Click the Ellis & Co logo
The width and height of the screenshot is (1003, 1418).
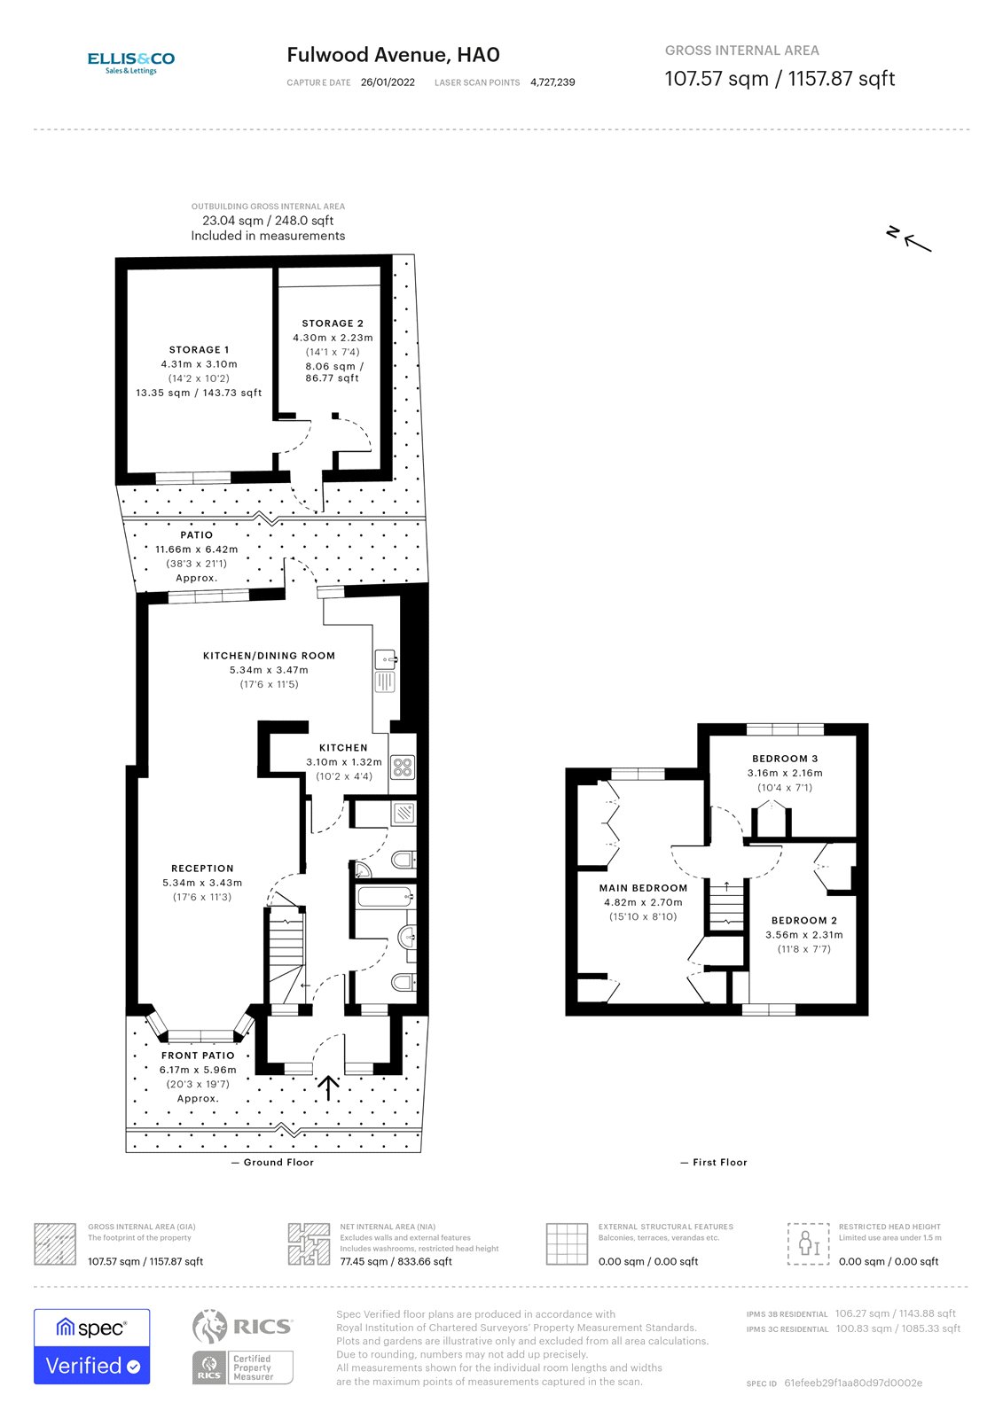click(130, 62)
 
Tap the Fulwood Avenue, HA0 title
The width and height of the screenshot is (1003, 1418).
click(393, 55)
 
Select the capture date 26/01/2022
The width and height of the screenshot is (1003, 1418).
click(388, 82)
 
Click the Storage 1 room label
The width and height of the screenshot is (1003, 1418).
click(199, 350)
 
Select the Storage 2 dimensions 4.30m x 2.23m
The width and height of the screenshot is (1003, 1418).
click(333, 338)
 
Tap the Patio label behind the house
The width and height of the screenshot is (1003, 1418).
click(196, 535)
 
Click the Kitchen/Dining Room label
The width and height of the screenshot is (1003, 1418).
click(269, 656)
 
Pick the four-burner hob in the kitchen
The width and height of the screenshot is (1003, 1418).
click(403, 767)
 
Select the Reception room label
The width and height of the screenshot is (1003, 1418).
click(202, 869)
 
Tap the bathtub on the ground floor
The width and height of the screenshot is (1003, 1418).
click(384, 897)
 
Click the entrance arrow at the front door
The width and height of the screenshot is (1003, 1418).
click(329, 1087)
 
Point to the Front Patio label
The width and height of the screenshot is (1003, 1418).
click(198, 1056)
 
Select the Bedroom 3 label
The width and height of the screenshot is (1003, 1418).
click(785, 759)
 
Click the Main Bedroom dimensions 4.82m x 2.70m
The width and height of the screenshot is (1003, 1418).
click(643, 902)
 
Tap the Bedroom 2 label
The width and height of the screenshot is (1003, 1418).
click(803, 921)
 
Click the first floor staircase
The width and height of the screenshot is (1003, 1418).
click(726, 906)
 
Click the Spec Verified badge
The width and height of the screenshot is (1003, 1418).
click(92, 1346)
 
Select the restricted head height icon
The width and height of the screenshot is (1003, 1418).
click(808, 1243)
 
